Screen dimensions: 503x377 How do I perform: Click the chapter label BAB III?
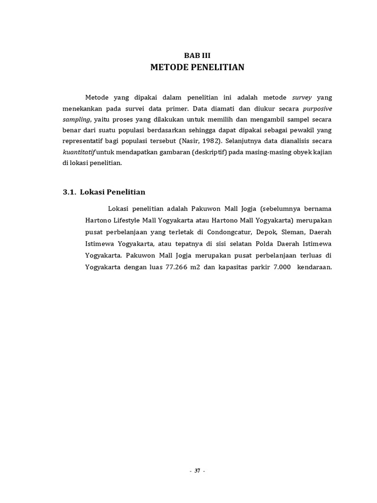coord(196,56)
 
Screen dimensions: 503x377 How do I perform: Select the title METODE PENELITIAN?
coord(197,67)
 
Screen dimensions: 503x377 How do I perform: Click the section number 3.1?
coord(70,192)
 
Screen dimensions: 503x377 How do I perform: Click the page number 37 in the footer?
coord(197,471)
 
